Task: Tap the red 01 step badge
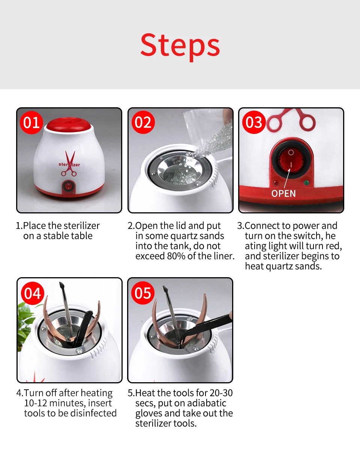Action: click(31, 123)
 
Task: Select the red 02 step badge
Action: click(143, 122)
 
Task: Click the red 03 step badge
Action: click(254, 122)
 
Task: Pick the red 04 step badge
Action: click(33, 293)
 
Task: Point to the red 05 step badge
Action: click(143, 293)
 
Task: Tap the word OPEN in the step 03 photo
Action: click(283, 194)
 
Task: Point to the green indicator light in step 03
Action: click(306, 182)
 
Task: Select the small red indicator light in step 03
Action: click(276, 182)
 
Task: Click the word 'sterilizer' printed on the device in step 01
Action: click(69, 164)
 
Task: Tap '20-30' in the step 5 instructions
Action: click(221, 393)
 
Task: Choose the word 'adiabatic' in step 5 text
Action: click(207, 403)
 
